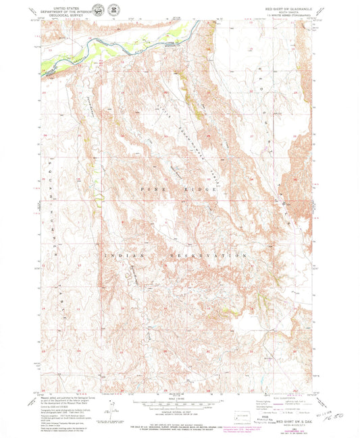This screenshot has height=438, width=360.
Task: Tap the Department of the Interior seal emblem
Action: point(81,11)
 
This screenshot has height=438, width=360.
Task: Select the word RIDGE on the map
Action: point(202,191)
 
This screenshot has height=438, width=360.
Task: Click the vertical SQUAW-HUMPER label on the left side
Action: point(50,216)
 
